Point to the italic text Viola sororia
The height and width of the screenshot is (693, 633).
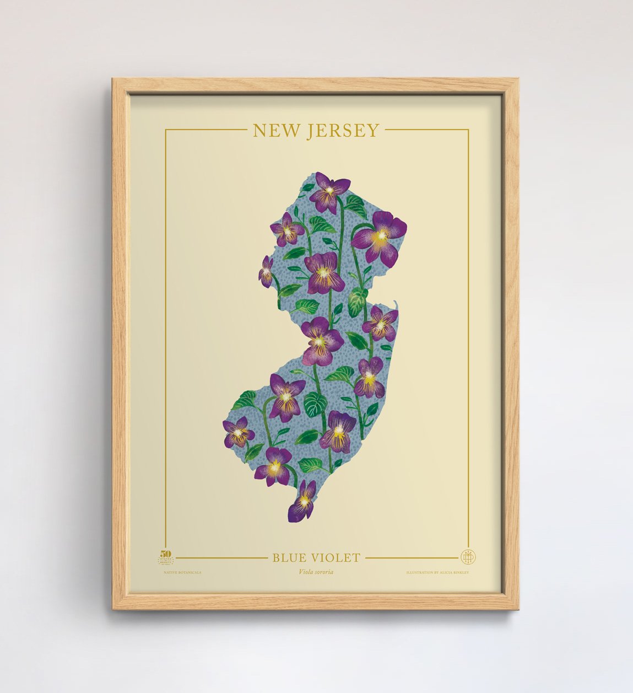316,572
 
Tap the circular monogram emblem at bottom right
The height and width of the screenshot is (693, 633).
468,556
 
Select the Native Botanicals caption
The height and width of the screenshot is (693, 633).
182,573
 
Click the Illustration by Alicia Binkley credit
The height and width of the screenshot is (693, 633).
437,573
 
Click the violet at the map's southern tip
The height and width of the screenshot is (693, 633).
303,501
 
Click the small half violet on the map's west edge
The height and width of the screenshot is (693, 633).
267,271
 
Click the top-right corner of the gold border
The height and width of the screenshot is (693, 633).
468,130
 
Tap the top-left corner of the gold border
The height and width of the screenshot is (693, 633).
166,130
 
